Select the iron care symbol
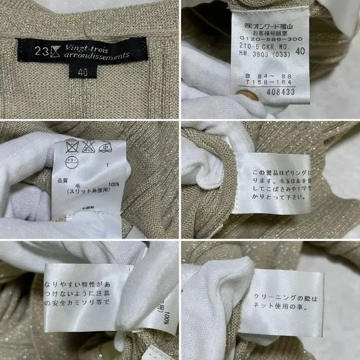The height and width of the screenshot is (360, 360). (106, 146)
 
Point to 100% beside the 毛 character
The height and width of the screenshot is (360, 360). (113, 185)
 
